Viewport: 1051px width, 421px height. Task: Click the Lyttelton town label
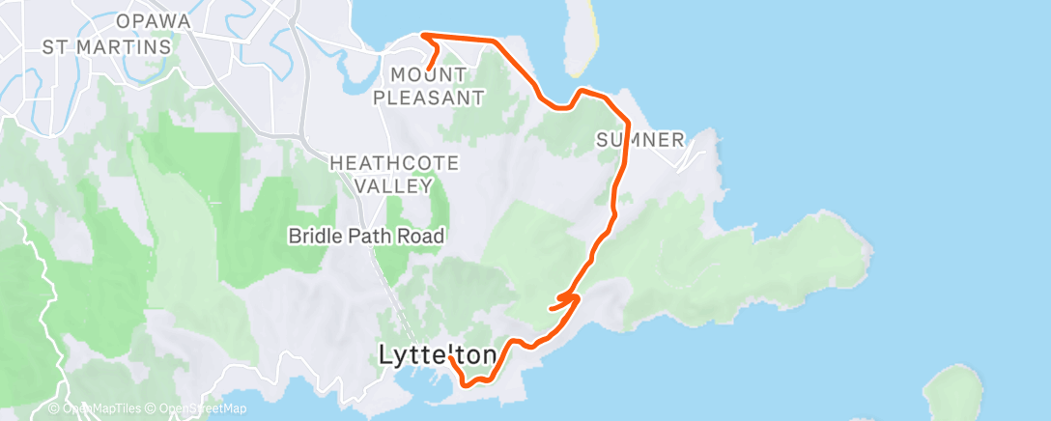pyautogui.click(x=438, y=354)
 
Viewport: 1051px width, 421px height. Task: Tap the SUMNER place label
pyautogui.click(x=639, y=139)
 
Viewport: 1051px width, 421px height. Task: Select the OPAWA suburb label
pyautogui.click(x=152, y=21)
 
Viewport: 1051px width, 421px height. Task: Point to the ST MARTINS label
pyautogui.click(x=106, y=45)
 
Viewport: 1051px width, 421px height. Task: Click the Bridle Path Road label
pyautogui.click(x=367, y=235)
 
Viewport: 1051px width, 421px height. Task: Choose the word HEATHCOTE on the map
pyautogui.click(x=394, y=163)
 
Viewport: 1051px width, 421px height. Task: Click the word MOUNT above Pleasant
pyautogui.click(x=428, y=74)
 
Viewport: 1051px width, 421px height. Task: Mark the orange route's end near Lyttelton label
pyautogui.click(x=451, y=358)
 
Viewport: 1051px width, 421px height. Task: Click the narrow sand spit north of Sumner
pyautogui.click(x=579, y=39)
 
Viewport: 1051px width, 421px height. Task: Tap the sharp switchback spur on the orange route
pyautogui.click(x=551, y=309)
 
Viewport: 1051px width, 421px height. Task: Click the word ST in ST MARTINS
pyautogui.click(x=54, y=45)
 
